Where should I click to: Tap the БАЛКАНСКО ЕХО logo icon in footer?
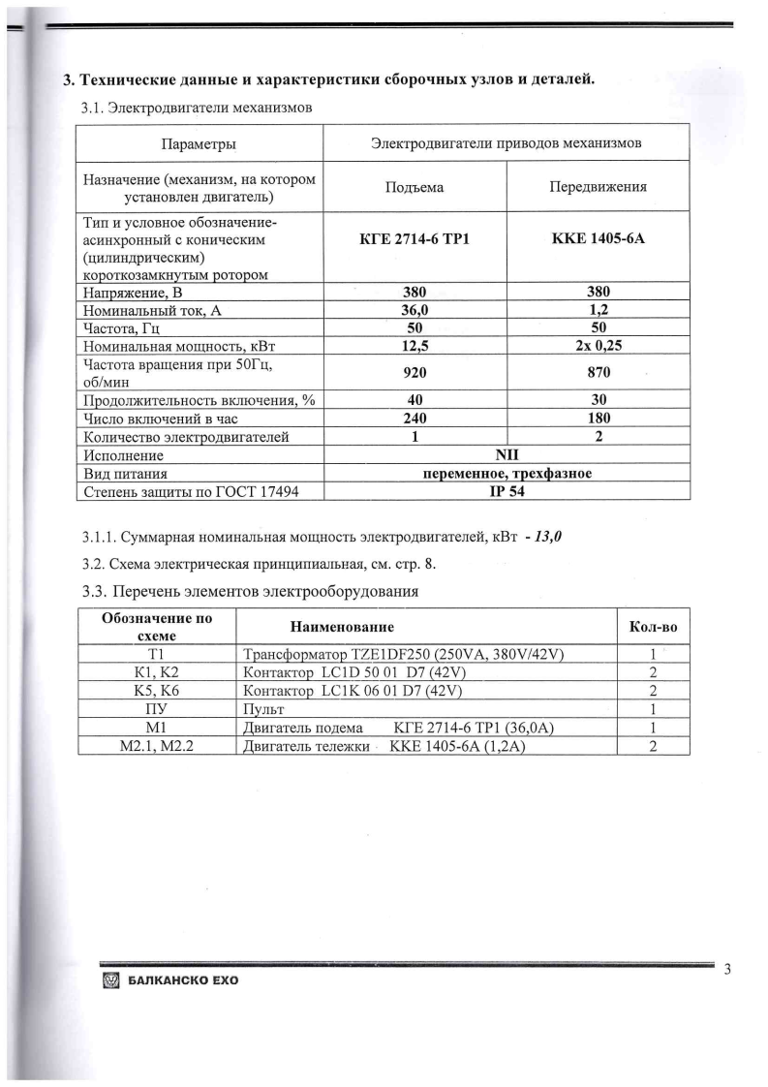coord(108,980)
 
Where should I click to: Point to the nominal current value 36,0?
coord(414,310)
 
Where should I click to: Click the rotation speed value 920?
coord(414,372)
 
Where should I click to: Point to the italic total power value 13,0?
coord(549,538)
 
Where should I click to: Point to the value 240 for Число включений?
coord(414,419)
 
